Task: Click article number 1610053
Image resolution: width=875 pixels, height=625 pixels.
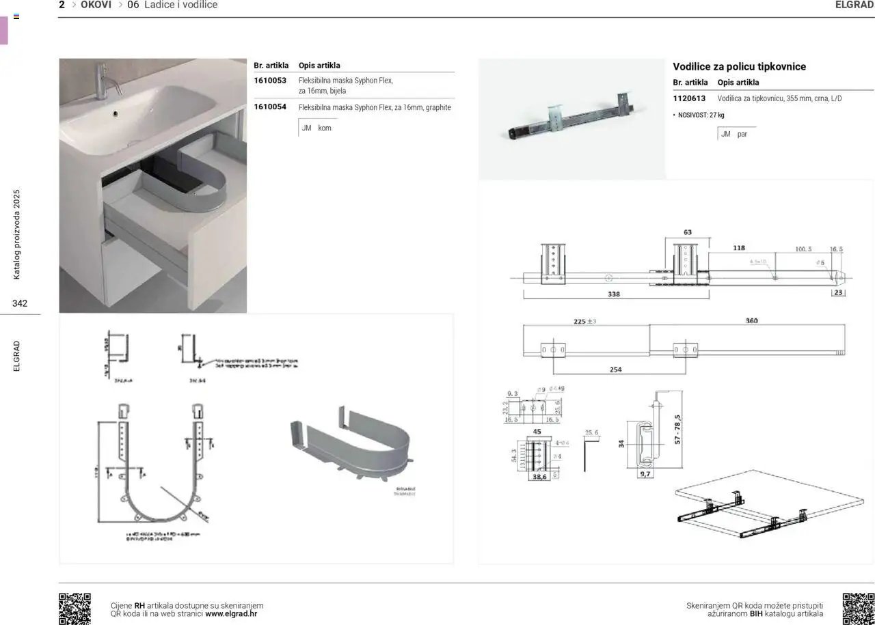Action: (269, 81)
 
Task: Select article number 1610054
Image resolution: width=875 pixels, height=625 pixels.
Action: (269, 107)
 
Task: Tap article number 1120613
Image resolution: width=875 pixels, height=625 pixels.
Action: (689, 98)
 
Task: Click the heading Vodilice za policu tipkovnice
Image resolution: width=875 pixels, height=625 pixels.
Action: (739, 66)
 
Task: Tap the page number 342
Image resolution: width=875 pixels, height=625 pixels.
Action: (20, 303)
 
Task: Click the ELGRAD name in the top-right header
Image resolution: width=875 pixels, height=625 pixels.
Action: (854, 5)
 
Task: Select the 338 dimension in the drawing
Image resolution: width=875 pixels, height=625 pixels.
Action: (613, 294)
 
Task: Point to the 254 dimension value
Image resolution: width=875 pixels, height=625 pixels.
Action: (615, 370)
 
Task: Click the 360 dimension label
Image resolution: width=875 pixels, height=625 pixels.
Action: (751, 320)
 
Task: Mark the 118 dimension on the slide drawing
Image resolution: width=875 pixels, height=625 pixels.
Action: (739, 248)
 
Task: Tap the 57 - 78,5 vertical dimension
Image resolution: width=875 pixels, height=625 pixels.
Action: (677, 428)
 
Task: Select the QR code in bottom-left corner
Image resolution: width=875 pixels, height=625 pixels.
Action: (75, 609)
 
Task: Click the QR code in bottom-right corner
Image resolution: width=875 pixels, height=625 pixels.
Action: (858, 609)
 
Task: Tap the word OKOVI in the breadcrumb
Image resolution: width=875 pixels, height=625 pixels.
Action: (96, 5)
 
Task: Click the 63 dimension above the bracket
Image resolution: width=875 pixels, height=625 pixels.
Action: (687, 232)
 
